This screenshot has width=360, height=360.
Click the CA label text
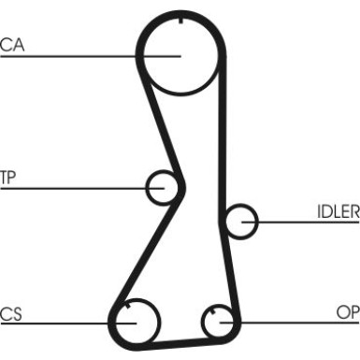click(x=12, y=44)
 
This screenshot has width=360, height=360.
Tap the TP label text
click(x=8, y=176)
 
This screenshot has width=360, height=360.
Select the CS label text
click(x=10, y=312)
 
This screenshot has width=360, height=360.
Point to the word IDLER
click(x=338, y=210)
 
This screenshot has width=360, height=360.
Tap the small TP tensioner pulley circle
click(x=164, y=186)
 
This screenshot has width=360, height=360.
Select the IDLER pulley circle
click(x=241, y=221)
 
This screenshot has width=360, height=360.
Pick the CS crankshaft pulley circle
click(x=135, y=320)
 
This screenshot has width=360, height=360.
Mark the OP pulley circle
click(x=221, y=321)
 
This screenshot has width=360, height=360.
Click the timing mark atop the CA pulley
click(x=179, y=18)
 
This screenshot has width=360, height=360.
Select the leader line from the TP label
click(x=75, y=188)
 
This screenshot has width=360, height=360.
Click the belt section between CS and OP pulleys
click(x=178, y=340)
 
